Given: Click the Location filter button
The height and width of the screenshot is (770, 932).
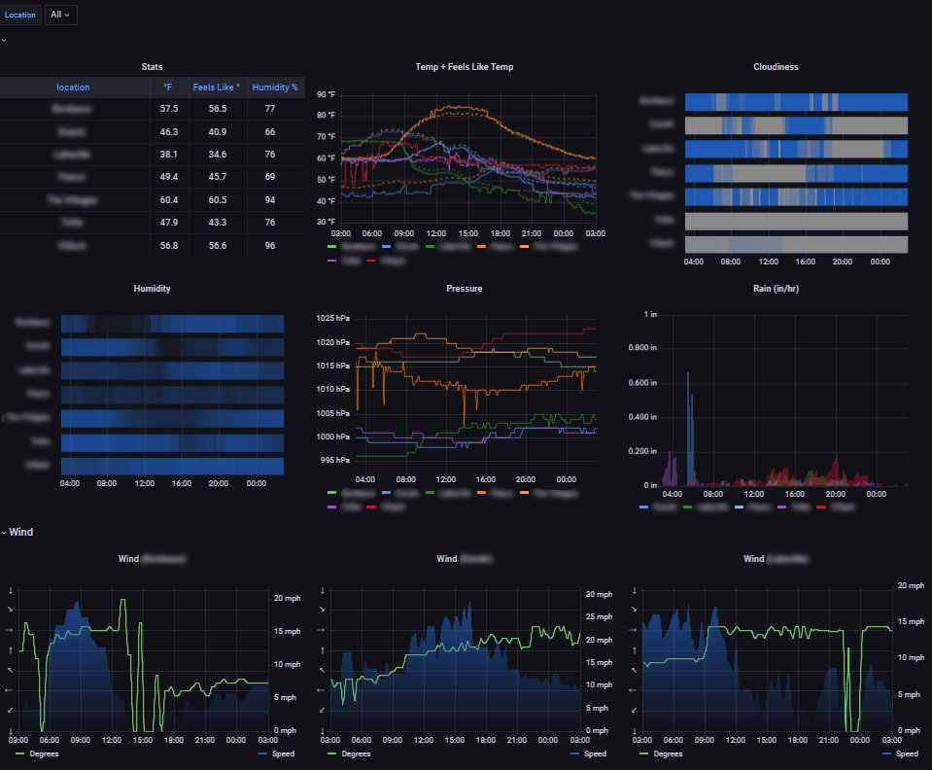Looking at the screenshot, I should click(20, 15).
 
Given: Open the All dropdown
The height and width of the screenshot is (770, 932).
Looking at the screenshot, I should click(60, 15).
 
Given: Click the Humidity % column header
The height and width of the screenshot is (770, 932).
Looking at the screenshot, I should click(275, 87).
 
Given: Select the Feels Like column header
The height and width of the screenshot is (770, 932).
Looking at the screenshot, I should click(218, 87).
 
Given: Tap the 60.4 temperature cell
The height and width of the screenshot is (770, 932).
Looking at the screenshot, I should click(168, 199).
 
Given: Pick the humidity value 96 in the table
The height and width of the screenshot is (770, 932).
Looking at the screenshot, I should click(269, 246).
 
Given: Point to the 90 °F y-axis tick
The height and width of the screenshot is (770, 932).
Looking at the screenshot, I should click(326, 95).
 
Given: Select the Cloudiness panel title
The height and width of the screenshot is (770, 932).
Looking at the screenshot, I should click(776, 67).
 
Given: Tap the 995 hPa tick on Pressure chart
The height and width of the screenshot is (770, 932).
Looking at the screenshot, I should click(335, 460).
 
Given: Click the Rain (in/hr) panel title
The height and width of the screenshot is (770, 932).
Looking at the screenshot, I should click(776, 289).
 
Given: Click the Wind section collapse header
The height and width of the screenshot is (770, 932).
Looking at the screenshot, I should click(19, 532).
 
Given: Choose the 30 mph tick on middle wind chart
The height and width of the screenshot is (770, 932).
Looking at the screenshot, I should click(597, 594).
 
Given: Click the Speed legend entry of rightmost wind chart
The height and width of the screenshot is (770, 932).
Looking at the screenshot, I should click(906, 753).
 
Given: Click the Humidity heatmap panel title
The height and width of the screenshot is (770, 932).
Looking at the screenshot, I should click(154, 289).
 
